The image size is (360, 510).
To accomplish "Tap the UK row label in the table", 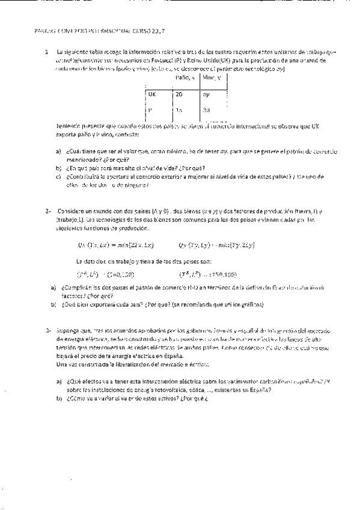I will pyautogui.click(x=152, y=94).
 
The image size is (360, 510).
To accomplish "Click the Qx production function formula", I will pyautogui.click(x=117, y=244).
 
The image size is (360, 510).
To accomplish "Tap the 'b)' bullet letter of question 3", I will pyautogui.click(x=59, y=398).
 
